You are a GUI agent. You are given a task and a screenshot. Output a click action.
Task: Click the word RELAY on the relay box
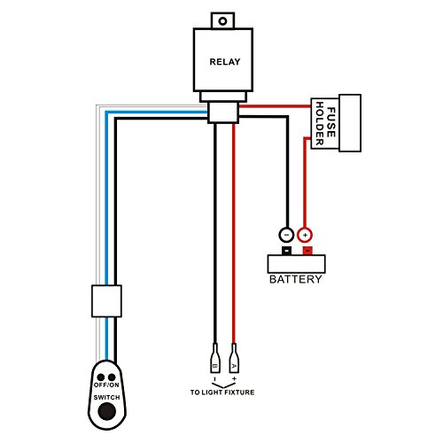221,62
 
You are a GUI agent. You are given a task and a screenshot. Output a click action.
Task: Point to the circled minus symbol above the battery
285,235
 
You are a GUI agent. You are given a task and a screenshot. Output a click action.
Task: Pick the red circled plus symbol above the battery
305,235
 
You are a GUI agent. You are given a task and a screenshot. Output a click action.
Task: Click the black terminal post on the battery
285,251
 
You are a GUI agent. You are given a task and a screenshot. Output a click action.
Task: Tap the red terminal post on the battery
306,251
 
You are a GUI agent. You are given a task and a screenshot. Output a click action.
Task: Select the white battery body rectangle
296,263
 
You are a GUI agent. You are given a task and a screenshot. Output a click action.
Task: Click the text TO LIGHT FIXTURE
223,390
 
